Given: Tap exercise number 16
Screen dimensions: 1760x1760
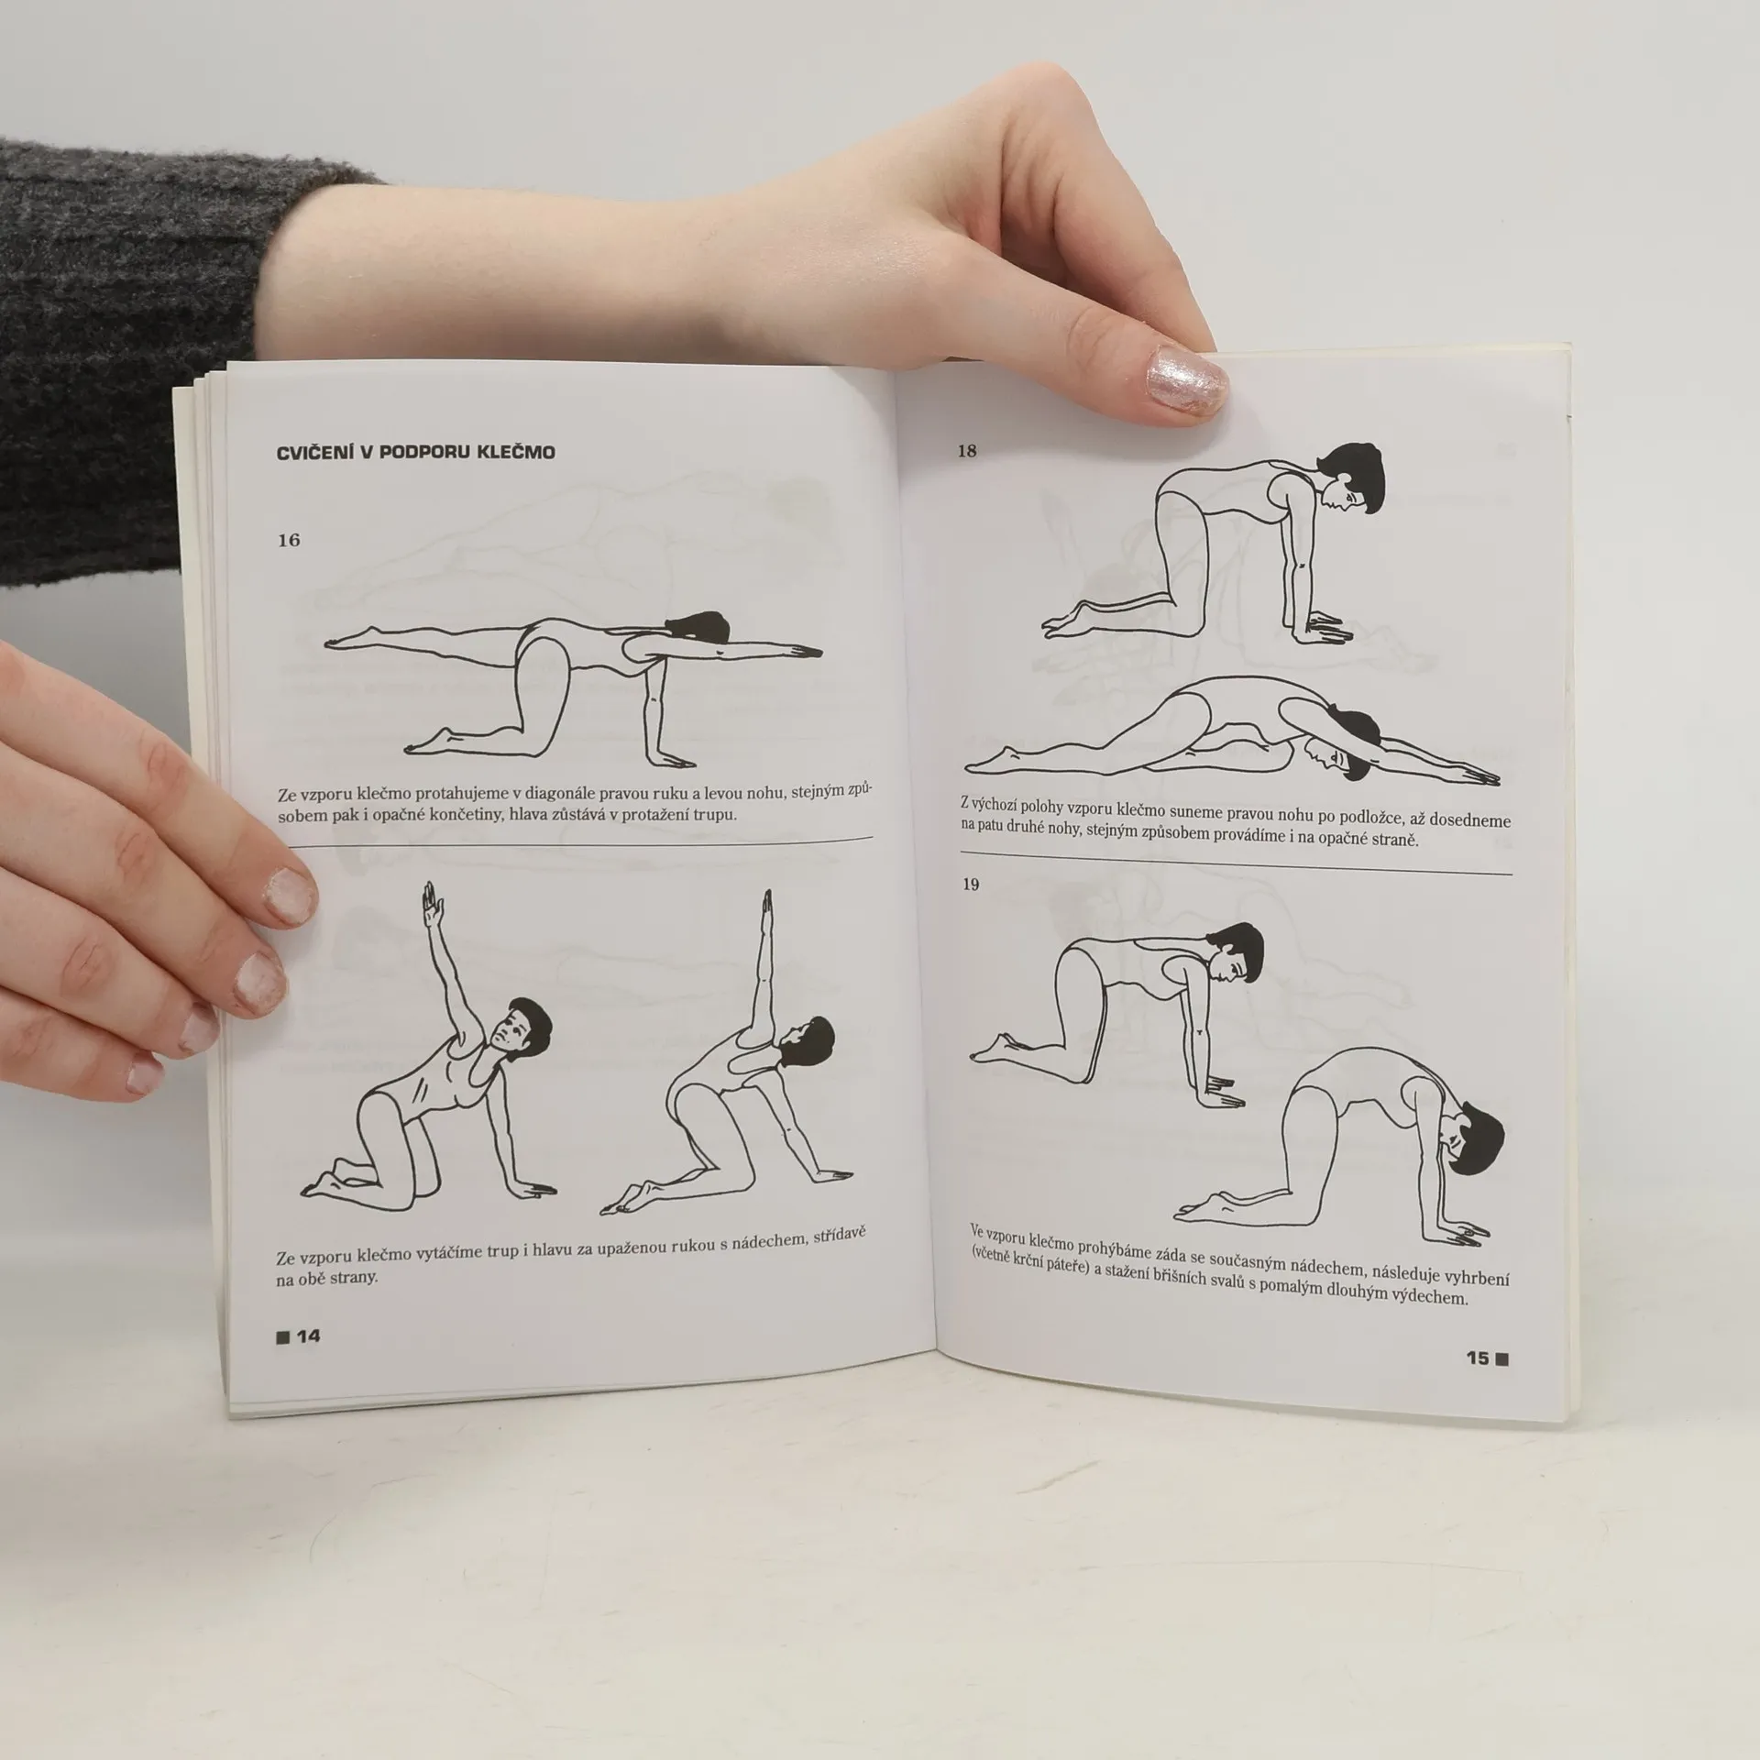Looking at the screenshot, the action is point(289,540).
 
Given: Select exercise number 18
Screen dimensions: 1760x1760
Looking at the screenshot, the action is point(967,451).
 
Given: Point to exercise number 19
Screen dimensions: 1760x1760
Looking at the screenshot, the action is point(970,885).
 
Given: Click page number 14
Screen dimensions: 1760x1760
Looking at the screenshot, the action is point(308,1336).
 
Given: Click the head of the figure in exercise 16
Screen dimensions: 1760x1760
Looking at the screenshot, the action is point(698,626).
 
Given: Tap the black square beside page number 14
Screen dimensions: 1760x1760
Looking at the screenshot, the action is point(282,1337).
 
